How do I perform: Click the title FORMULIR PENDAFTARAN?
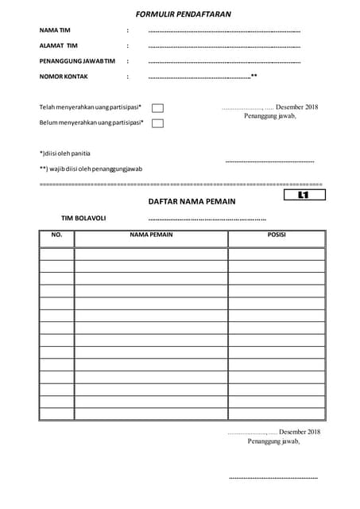tap(184, 14)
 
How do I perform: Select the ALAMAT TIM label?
tap(59, 45)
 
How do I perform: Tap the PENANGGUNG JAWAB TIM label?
tap(77, 61)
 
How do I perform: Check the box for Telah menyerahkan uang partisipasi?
tap(157, 108)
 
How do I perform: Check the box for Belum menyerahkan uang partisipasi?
tap(157, 123)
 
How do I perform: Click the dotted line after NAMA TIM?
tap(224, 31)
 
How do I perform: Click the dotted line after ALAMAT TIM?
tap(224, 46)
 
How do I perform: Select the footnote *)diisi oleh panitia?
tap(65, 153)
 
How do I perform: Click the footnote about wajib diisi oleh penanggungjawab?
tap(91, 169)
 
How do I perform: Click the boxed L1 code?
tap(304, 195)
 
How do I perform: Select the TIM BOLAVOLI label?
tap(83, 218)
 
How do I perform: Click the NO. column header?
tap(56, 235)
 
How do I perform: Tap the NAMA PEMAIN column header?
tap(151, 235)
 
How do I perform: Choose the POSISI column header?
tap(277, 235)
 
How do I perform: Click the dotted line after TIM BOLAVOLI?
tap(207, 219)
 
